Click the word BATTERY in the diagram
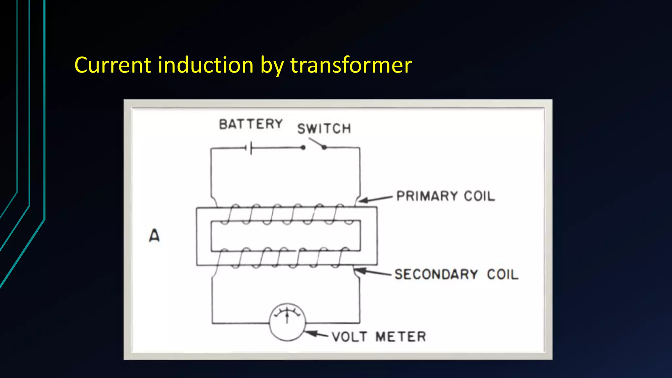tap(251, 124)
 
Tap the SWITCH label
tap(324, 128)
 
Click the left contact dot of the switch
tap(303, 148)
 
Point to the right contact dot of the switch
tap(324, 148)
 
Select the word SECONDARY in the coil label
tap(436, 274)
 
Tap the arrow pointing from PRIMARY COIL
tap(376, 199)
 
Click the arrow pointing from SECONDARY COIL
tap(373, 272)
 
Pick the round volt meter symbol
tap(287, 322)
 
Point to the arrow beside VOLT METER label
tap(316, 334)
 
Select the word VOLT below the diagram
tap(349, 337)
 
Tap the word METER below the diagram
tap(401, 337)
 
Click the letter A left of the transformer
tap(154, 235)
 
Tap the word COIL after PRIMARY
tap(479, 196)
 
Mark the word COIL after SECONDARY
tap(502, 274)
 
